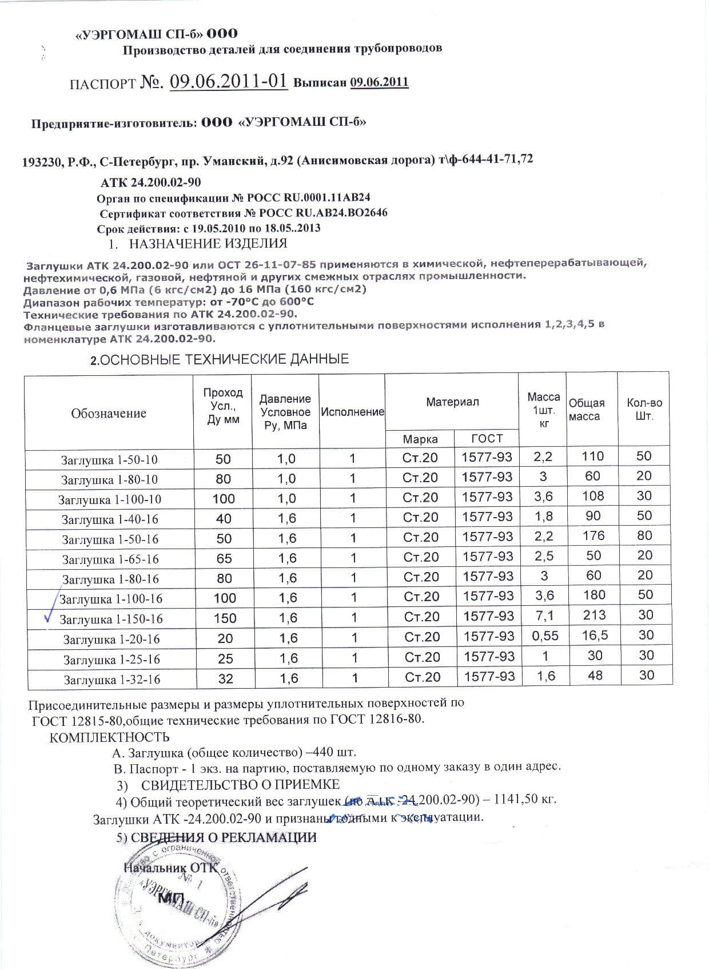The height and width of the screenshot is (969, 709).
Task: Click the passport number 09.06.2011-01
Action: tap(228, 81)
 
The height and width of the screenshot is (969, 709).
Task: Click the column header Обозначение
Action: tap(109, 413)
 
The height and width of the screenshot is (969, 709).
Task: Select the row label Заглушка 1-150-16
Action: tap(111, 619)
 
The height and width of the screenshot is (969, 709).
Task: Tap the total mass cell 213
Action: tap(595, 615)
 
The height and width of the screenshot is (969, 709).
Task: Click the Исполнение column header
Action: tap(352, 412)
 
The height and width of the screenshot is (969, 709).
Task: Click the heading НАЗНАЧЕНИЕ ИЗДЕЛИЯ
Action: tap(208, 244)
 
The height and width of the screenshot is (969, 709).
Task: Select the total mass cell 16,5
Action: tap(595, 635)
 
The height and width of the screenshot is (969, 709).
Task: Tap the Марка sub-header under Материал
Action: tap(420, 439)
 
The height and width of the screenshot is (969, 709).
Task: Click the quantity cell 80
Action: tap(644, 535)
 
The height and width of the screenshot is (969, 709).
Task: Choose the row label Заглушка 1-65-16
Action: tap(110, 559)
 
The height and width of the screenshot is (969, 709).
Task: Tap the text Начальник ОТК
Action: tap(170, 867)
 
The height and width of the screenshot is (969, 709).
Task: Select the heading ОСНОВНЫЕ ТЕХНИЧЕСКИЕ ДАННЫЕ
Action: tap(220, 359)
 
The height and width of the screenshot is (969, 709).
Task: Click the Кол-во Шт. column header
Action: tap(644, 409)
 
